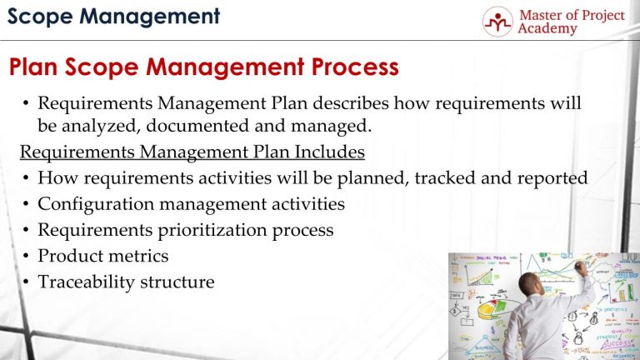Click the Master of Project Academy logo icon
click(497, 21)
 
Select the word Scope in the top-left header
click(34, 15)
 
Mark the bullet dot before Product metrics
click(27, 257)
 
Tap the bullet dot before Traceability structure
click(27, 282)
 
